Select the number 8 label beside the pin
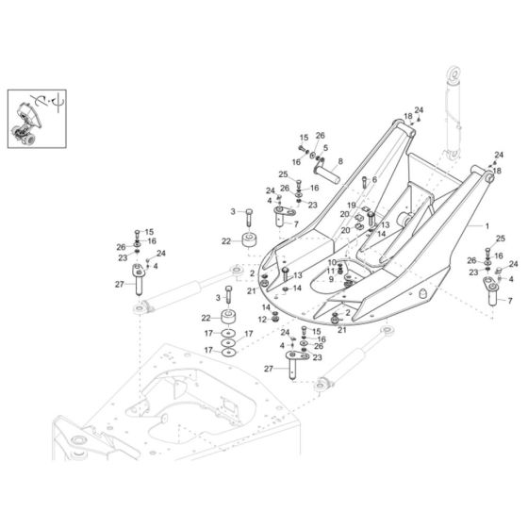click(x=339, y=161)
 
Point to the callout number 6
click(x=374, y=179)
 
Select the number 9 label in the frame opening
click(x=331, y=279)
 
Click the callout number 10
click(x=331, y=261)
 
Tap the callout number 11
click(x=331, y=271)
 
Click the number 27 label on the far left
click(x=120, y=284)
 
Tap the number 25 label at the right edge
click(x=501, y=239)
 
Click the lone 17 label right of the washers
click(x=250, y=334)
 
